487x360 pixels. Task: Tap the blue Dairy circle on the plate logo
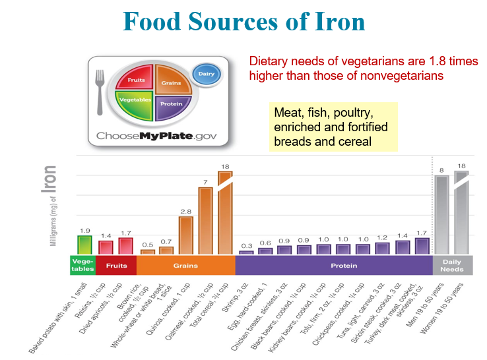(206, 75)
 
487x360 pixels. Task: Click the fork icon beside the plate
(100, 92)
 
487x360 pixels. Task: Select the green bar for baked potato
(84, 245)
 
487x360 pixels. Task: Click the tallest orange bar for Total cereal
(224, 212)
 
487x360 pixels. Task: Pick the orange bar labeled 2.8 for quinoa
(185, 235)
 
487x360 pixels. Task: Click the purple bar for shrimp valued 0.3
(246, 252)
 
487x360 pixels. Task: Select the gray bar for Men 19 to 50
(441, 214)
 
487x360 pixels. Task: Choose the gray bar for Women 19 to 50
(461, 212)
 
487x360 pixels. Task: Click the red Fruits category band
(116, 266)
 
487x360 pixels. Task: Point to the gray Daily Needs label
(452, 266)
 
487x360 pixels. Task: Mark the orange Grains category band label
(185, 266)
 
